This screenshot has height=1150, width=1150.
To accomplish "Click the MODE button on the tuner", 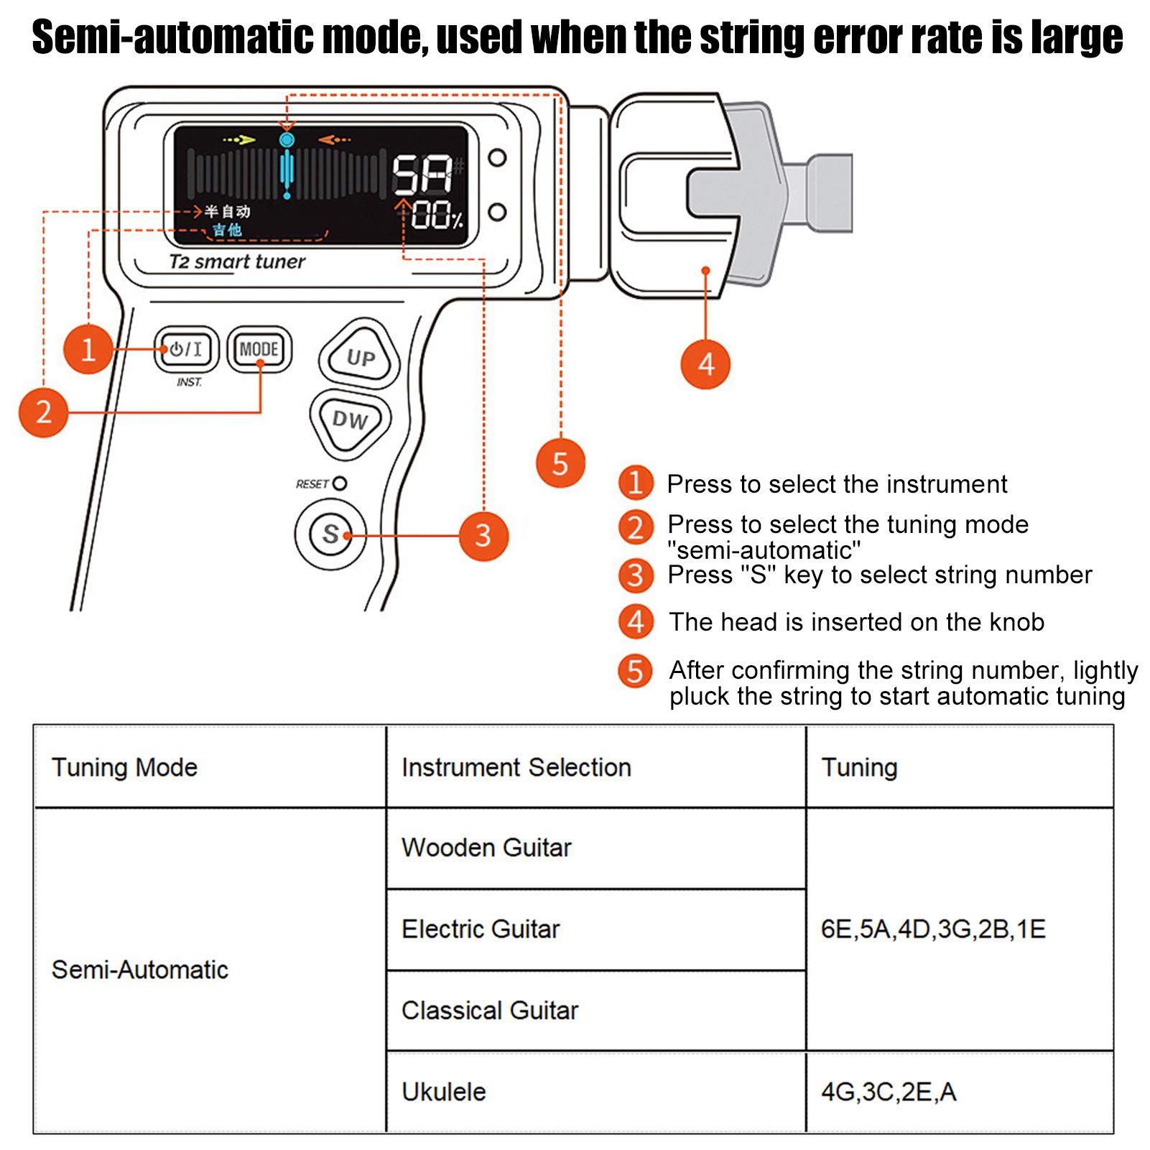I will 259,349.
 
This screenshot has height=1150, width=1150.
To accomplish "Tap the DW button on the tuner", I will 350,420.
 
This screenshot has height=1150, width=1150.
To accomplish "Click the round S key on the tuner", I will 330,534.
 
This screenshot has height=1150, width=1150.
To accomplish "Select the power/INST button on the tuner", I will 186,349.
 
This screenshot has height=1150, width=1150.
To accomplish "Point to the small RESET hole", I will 340,483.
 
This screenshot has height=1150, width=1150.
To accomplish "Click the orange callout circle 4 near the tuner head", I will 705,364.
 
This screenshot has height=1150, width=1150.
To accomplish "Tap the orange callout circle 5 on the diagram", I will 560,463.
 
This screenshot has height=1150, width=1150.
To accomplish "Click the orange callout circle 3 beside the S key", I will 483,536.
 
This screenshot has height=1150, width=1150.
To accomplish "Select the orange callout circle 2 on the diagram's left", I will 43,412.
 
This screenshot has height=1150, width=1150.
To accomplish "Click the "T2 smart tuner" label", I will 237,261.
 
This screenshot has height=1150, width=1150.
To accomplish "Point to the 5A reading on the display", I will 422,175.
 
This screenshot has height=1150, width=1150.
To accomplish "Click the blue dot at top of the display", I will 287,139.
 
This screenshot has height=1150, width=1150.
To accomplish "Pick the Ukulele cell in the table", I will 444,1092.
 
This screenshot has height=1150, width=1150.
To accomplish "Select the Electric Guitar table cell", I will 481,929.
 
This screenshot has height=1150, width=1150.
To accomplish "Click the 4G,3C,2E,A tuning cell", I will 889,1092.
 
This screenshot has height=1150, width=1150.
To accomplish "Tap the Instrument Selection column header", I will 516,767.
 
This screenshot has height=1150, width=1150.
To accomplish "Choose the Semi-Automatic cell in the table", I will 140,970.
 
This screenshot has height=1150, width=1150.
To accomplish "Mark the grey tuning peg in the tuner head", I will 761,194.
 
